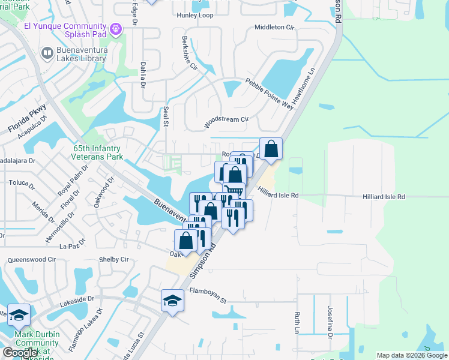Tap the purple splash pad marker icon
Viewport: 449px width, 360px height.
click(116, 28)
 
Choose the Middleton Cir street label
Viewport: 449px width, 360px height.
click(275, 28)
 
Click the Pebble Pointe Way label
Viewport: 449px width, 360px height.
click(269, 94)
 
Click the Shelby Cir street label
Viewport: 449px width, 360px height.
click(116, 259)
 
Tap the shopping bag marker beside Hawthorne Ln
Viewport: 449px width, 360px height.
click(271, 148)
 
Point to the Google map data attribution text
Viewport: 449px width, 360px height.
click(412, 355)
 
